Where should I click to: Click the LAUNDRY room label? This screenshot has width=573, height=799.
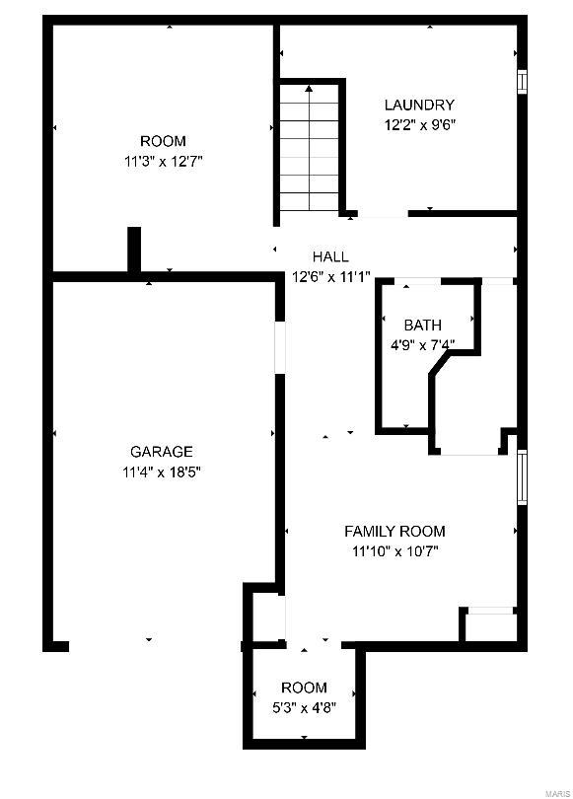(x=419, y=105)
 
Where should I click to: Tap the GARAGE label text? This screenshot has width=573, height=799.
(x=162, y=452)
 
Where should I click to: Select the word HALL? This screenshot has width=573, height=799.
(x=330, y=257)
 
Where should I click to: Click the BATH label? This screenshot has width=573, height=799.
(x=422, y=325)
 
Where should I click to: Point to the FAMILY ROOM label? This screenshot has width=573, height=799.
(x=394, y=532)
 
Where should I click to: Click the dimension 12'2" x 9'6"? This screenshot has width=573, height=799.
(x=419, y=125)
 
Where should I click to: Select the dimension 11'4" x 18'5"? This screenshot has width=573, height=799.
(x=162, y=472)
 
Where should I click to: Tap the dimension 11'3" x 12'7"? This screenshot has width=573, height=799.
(x=163, y=161)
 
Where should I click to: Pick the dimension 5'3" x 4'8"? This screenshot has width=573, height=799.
(x=304, y=706)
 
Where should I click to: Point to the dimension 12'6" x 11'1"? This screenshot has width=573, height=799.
(x=330, y=276)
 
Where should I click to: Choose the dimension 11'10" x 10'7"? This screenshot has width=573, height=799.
(x=394, y=551)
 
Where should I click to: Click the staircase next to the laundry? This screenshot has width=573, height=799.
(x=310, y=148)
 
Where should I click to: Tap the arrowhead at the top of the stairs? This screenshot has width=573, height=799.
(x=310, y=89)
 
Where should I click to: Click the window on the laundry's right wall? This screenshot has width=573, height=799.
(x=522, y=80)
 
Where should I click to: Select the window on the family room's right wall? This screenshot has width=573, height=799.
(x=522, y=477)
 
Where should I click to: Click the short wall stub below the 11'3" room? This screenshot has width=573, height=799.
(x=134, y=249)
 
